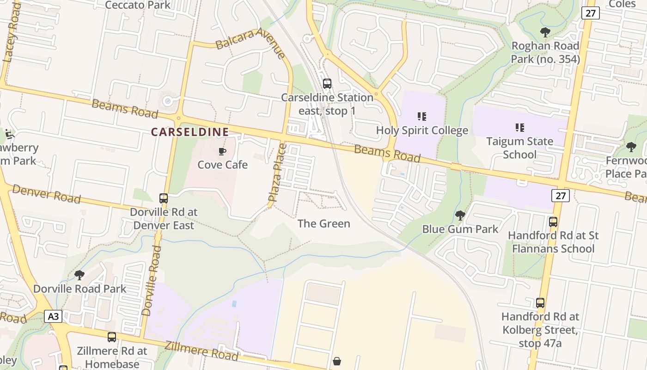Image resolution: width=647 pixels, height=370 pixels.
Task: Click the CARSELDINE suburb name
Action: (190, 132)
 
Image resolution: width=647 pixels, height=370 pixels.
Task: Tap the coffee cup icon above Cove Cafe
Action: (222, 151)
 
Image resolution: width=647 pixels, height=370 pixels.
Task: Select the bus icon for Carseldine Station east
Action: (327, 84)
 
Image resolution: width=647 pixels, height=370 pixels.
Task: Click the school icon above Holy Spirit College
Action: (421, 117)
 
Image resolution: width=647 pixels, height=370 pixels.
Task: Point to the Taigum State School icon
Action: (519, 127)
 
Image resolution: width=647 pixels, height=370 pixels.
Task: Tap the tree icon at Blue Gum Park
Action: (460, 216)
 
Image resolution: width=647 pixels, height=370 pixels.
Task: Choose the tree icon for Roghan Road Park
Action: (545, 32)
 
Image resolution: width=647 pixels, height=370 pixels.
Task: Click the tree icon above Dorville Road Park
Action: (79, 275)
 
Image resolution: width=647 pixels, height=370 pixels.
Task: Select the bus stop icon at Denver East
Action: (164, 198)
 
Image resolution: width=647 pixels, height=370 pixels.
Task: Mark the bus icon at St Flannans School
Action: (553, 222)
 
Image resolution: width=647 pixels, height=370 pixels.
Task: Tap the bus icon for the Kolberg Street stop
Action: (540, 303)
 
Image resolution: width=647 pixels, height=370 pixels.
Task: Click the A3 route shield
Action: (53, 316)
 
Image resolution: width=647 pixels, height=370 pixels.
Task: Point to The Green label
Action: (323, 224)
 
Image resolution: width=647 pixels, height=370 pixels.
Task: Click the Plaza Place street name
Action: (278, 172)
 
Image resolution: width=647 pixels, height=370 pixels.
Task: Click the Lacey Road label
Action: (11, 32)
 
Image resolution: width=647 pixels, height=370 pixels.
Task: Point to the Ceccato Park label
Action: (138, 5)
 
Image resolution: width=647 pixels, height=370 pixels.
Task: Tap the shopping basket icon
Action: (337, 361)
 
